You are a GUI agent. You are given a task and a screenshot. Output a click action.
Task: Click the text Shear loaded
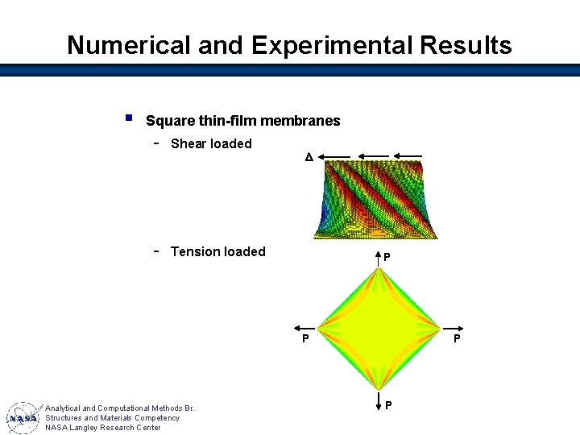(x=211, y=144)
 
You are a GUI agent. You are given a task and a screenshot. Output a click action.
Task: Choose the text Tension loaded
(x=217, y=252)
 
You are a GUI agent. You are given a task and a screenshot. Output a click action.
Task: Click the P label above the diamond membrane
(x=387, y=259)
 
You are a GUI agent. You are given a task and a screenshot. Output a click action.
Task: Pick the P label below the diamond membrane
(x=388, y=404)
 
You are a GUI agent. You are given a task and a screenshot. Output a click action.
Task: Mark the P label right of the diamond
(x=456, y=339)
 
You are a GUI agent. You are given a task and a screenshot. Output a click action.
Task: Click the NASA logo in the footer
(x=24, y=418)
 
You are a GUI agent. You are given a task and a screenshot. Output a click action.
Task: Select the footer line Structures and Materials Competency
(x=113, y=418)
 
